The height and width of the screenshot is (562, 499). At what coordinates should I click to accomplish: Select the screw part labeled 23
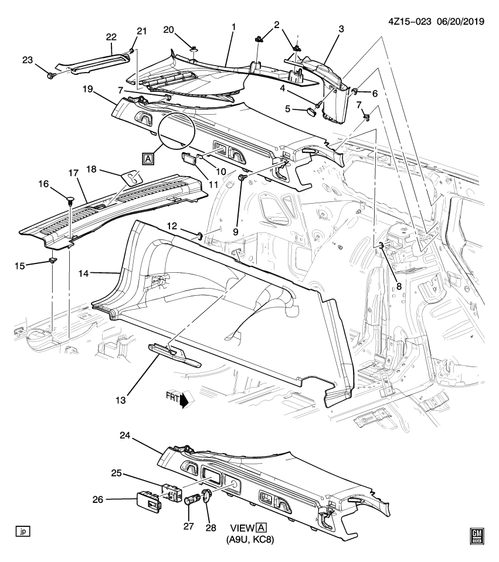click(50, 76)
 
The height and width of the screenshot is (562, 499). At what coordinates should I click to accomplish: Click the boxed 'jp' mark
click(23, 532)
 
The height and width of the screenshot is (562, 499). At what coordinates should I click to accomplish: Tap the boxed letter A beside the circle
click(147, 158)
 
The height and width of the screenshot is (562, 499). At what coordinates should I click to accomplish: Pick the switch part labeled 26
click(148, 501)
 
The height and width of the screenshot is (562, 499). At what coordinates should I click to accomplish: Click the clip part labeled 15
click(53, 261)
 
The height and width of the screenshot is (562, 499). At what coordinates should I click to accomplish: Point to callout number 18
click(90, 169)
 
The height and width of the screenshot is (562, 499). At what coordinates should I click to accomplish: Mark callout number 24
click(141, 436)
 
